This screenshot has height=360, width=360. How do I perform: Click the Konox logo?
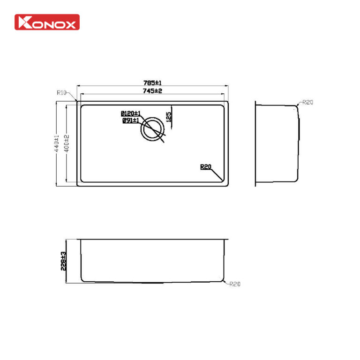coord(47,22)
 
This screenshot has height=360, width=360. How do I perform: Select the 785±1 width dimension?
coord(152,82)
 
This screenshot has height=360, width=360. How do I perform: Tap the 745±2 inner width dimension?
coord(152,90)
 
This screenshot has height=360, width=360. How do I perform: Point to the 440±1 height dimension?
coord(57,143)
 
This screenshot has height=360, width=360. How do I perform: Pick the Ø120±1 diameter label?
coord(131,113)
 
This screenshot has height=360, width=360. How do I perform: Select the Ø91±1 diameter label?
coord(131,120)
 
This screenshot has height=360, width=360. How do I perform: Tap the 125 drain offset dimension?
coord(169,115)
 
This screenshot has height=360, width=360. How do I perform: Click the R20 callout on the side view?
coord(307,102)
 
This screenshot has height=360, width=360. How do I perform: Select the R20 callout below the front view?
coord(234,284)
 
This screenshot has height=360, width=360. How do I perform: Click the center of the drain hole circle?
coord(153,128)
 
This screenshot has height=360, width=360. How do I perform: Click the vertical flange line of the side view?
coord(255,143)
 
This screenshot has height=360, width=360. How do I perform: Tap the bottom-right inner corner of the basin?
coord(222,180)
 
